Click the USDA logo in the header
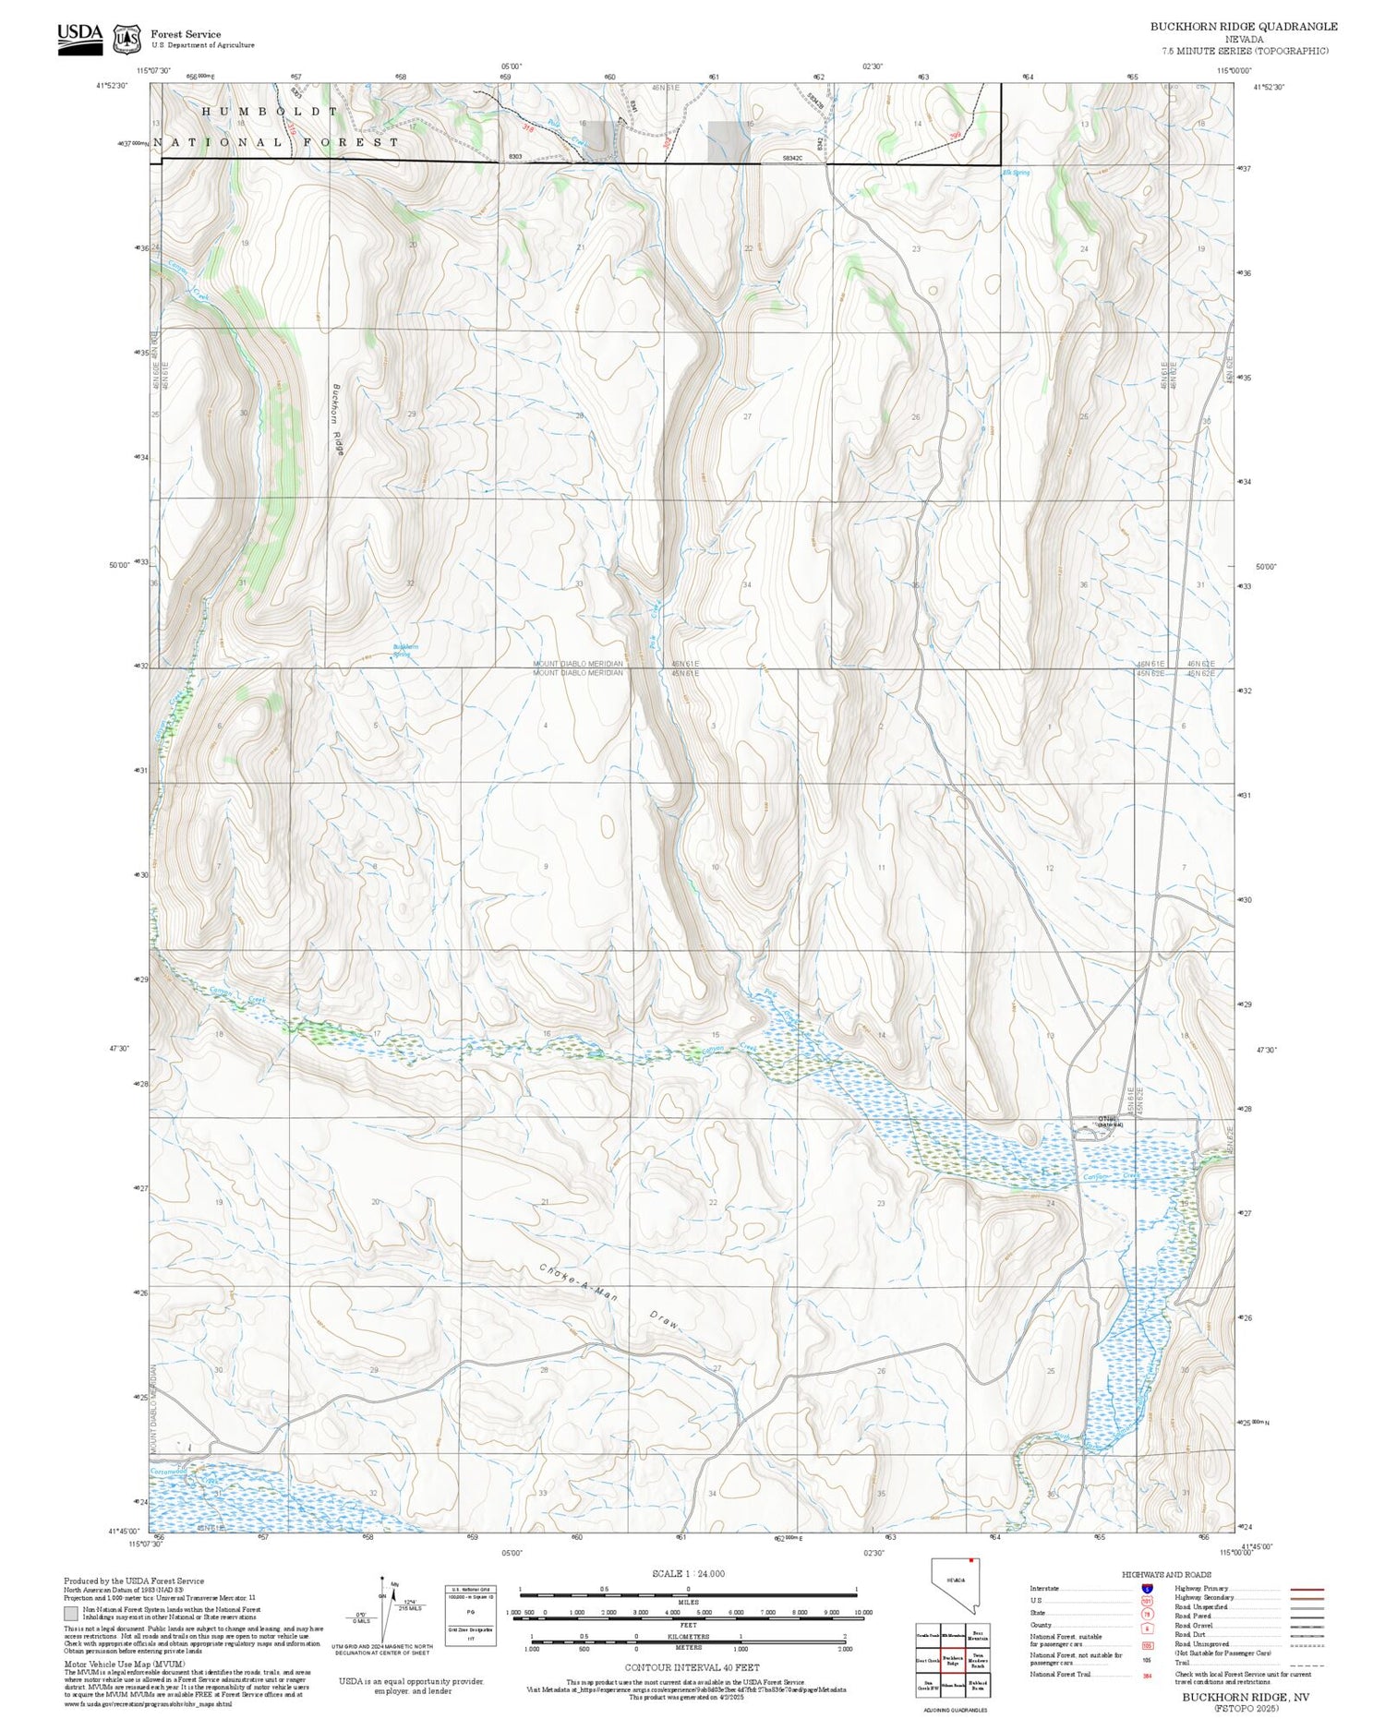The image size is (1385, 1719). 80,38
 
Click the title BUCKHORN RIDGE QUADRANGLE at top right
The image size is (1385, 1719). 1243,27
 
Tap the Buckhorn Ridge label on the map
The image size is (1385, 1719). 338,419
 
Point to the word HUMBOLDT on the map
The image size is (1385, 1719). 271,111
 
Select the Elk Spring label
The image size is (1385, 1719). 1016,173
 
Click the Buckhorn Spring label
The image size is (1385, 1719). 405,650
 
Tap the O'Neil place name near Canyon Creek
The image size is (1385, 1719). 1107,1121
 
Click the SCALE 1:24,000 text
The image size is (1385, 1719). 688,1573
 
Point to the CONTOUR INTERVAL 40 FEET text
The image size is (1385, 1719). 692,1667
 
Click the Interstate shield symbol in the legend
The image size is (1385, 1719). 1147,1589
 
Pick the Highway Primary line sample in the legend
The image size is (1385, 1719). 1304,1590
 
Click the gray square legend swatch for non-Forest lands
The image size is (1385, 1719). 70,1614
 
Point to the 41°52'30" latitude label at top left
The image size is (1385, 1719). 111,85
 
